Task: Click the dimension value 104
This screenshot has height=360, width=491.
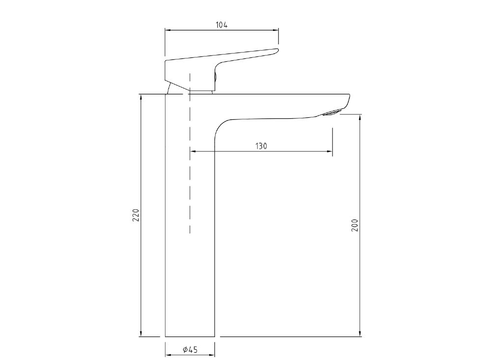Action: point(221,25)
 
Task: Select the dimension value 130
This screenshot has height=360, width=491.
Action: point(261,146)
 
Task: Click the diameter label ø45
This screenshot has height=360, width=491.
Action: point(190,350)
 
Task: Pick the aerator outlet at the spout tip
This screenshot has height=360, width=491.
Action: point(330,113)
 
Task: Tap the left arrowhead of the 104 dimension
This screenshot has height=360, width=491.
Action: point(167,30)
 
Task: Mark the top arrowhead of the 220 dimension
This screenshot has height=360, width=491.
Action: point(141,97)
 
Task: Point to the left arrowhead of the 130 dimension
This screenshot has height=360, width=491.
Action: point(192,152)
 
